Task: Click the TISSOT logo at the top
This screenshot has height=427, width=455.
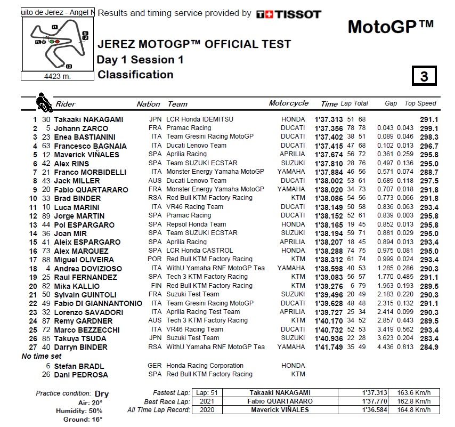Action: point(288,14)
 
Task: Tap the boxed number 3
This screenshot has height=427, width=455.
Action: point(424,76)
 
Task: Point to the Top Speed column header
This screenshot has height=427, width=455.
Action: point(420,104)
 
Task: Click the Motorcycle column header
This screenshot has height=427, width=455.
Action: point(288,103)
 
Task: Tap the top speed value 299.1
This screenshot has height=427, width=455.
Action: point(428,128)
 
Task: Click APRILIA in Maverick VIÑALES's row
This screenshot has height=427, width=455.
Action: point(292,155)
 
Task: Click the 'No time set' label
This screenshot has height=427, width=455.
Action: point(42,356)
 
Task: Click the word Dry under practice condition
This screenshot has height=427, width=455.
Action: point(102,394)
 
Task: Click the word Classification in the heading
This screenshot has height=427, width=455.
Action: point(135,75)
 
